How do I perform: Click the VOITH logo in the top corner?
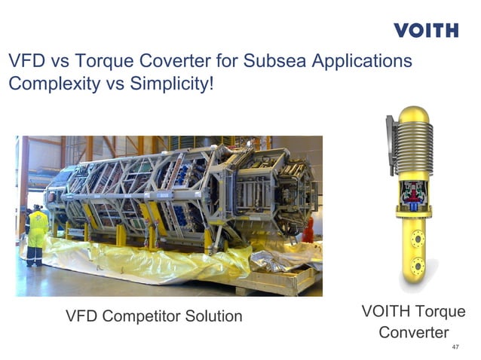coord(425,31)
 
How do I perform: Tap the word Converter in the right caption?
coord(413,332)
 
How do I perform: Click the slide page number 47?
coord(454,347)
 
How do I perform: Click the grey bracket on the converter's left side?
coord(391,147)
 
